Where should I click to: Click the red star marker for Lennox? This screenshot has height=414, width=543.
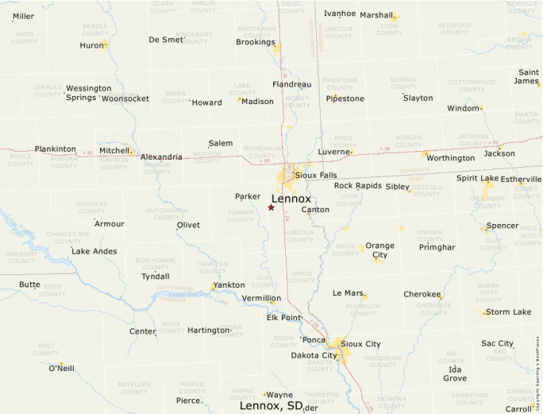271,207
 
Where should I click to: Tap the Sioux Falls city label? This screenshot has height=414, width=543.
315,175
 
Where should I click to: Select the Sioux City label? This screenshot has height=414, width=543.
360,344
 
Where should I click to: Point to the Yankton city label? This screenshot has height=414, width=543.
229,285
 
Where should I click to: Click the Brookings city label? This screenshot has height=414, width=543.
255,42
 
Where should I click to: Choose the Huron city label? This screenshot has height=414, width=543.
92,45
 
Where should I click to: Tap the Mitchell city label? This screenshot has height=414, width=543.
114,150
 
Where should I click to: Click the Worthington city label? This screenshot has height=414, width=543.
450,158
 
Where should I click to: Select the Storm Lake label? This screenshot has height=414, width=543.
508,312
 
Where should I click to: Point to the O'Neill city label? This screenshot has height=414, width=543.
61,369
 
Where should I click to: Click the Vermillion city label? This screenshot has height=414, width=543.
261,299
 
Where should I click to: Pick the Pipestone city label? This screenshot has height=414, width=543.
346,99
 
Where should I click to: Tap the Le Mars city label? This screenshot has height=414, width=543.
348,293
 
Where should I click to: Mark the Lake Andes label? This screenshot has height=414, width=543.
94,251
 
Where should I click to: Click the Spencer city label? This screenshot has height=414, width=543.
502,226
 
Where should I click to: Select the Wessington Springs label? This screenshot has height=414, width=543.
88,93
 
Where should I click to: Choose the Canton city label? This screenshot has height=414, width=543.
315,210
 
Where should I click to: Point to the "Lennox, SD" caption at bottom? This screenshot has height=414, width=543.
271,406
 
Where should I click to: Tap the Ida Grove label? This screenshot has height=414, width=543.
455,373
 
